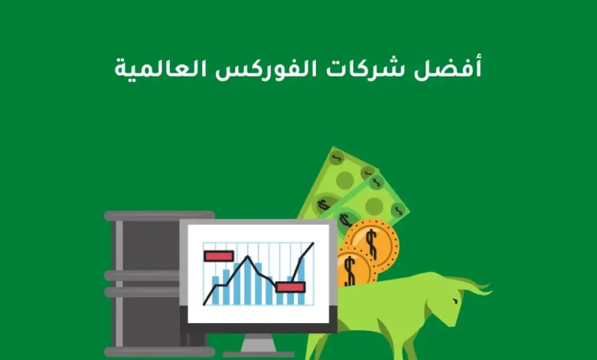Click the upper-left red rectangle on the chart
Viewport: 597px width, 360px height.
219,256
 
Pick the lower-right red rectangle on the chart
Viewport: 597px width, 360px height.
291,286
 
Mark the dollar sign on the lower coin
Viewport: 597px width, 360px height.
351,270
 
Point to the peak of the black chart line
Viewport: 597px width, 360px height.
246,257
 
